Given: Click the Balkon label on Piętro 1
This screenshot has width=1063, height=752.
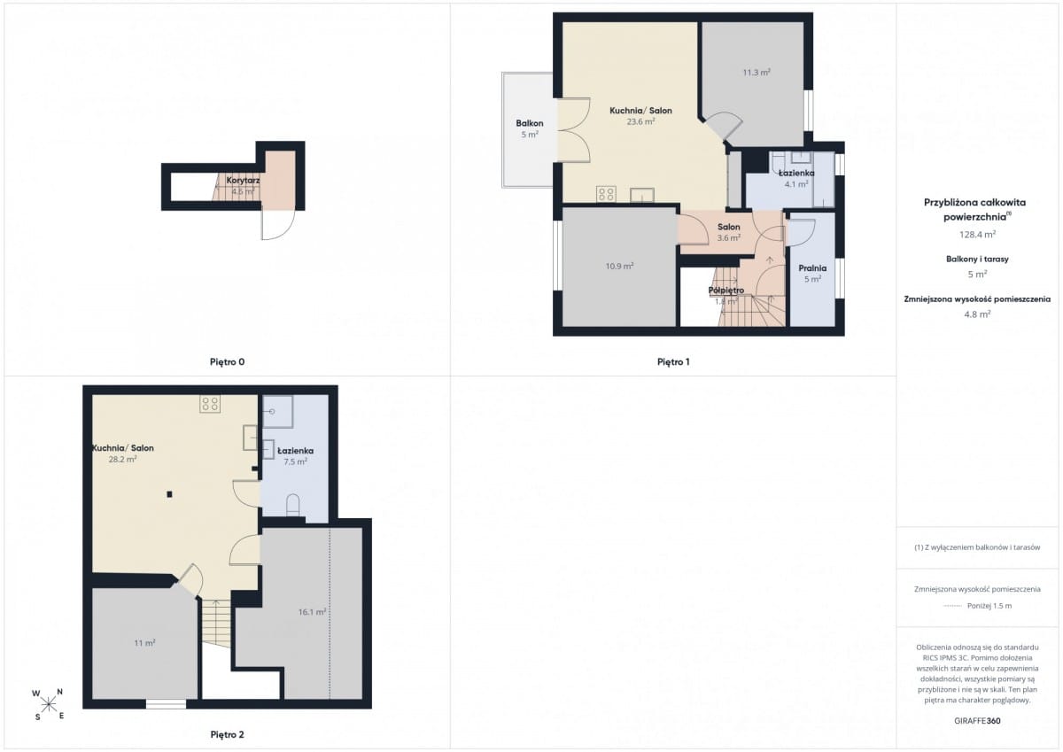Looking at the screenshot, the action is point(530,123).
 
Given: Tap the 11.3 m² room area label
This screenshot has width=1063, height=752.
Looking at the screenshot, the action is point(757,73).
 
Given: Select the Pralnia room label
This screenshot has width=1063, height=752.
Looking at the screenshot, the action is point(812,268).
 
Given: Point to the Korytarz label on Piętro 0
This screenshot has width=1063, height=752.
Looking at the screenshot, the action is point(243,181).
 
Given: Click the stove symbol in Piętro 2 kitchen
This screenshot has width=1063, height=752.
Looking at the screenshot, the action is point(210,404).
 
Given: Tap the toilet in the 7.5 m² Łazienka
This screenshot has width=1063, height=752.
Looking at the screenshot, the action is point(293,505).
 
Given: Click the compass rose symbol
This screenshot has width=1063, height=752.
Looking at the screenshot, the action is point(48,705).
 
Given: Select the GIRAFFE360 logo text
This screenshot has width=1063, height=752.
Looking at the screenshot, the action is point(977,721).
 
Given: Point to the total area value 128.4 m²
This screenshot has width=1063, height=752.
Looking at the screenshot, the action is point(977,235).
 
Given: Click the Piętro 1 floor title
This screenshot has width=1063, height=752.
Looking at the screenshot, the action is point(673,362).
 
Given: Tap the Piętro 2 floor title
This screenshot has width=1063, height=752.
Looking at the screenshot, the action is point(228,734).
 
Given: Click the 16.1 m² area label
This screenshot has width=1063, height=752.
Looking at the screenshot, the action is point(312,612).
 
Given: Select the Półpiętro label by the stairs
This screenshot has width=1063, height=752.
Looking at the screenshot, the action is point(726,290).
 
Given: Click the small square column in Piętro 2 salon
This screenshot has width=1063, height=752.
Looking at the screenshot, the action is point(169,494).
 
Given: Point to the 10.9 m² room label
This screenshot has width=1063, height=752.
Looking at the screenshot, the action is point(619,266).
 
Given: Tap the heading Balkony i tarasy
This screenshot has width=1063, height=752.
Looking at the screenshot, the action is point(977,259).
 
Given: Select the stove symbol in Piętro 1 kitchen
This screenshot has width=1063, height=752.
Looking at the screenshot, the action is point(606,194).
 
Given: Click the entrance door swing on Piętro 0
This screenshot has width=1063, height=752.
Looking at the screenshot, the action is point(278,224).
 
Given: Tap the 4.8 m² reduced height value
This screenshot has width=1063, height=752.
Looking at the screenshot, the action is point(977,314).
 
